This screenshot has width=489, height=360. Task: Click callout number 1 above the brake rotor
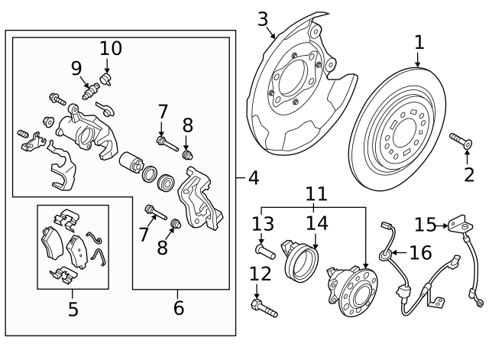tap(419, 43)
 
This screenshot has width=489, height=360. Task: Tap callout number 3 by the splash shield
tap(263, 19)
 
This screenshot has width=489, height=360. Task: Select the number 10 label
tap(111, 49)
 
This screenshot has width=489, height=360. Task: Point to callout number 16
tap(420, 253)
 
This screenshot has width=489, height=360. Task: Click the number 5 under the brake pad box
tap(73, 310)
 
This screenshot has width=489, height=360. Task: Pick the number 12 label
tap(261, 274)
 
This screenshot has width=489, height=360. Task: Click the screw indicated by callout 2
tap(461, 141)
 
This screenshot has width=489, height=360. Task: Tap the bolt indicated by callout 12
tap(264, 308)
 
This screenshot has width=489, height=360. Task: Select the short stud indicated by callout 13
tap(265, 251)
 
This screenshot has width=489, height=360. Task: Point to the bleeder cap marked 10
tap(106, 79)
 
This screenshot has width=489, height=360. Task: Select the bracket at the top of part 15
tap(460, 224)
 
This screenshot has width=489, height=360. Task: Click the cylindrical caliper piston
tap(131, 162)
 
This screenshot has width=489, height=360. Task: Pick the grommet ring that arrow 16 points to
tap(384, 255)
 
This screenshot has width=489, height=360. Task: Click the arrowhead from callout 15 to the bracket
tap(445, 225)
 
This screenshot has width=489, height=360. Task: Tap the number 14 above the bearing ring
tap(317, 223)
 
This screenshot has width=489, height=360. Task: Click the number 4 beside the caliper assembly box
tap(254, 178)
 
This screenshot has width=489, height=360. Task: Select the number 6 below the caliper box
tap(179, 308)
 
